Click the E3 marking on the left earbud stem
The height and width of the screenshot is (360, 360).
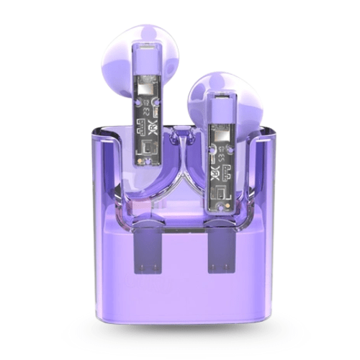tap(145, 111)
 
